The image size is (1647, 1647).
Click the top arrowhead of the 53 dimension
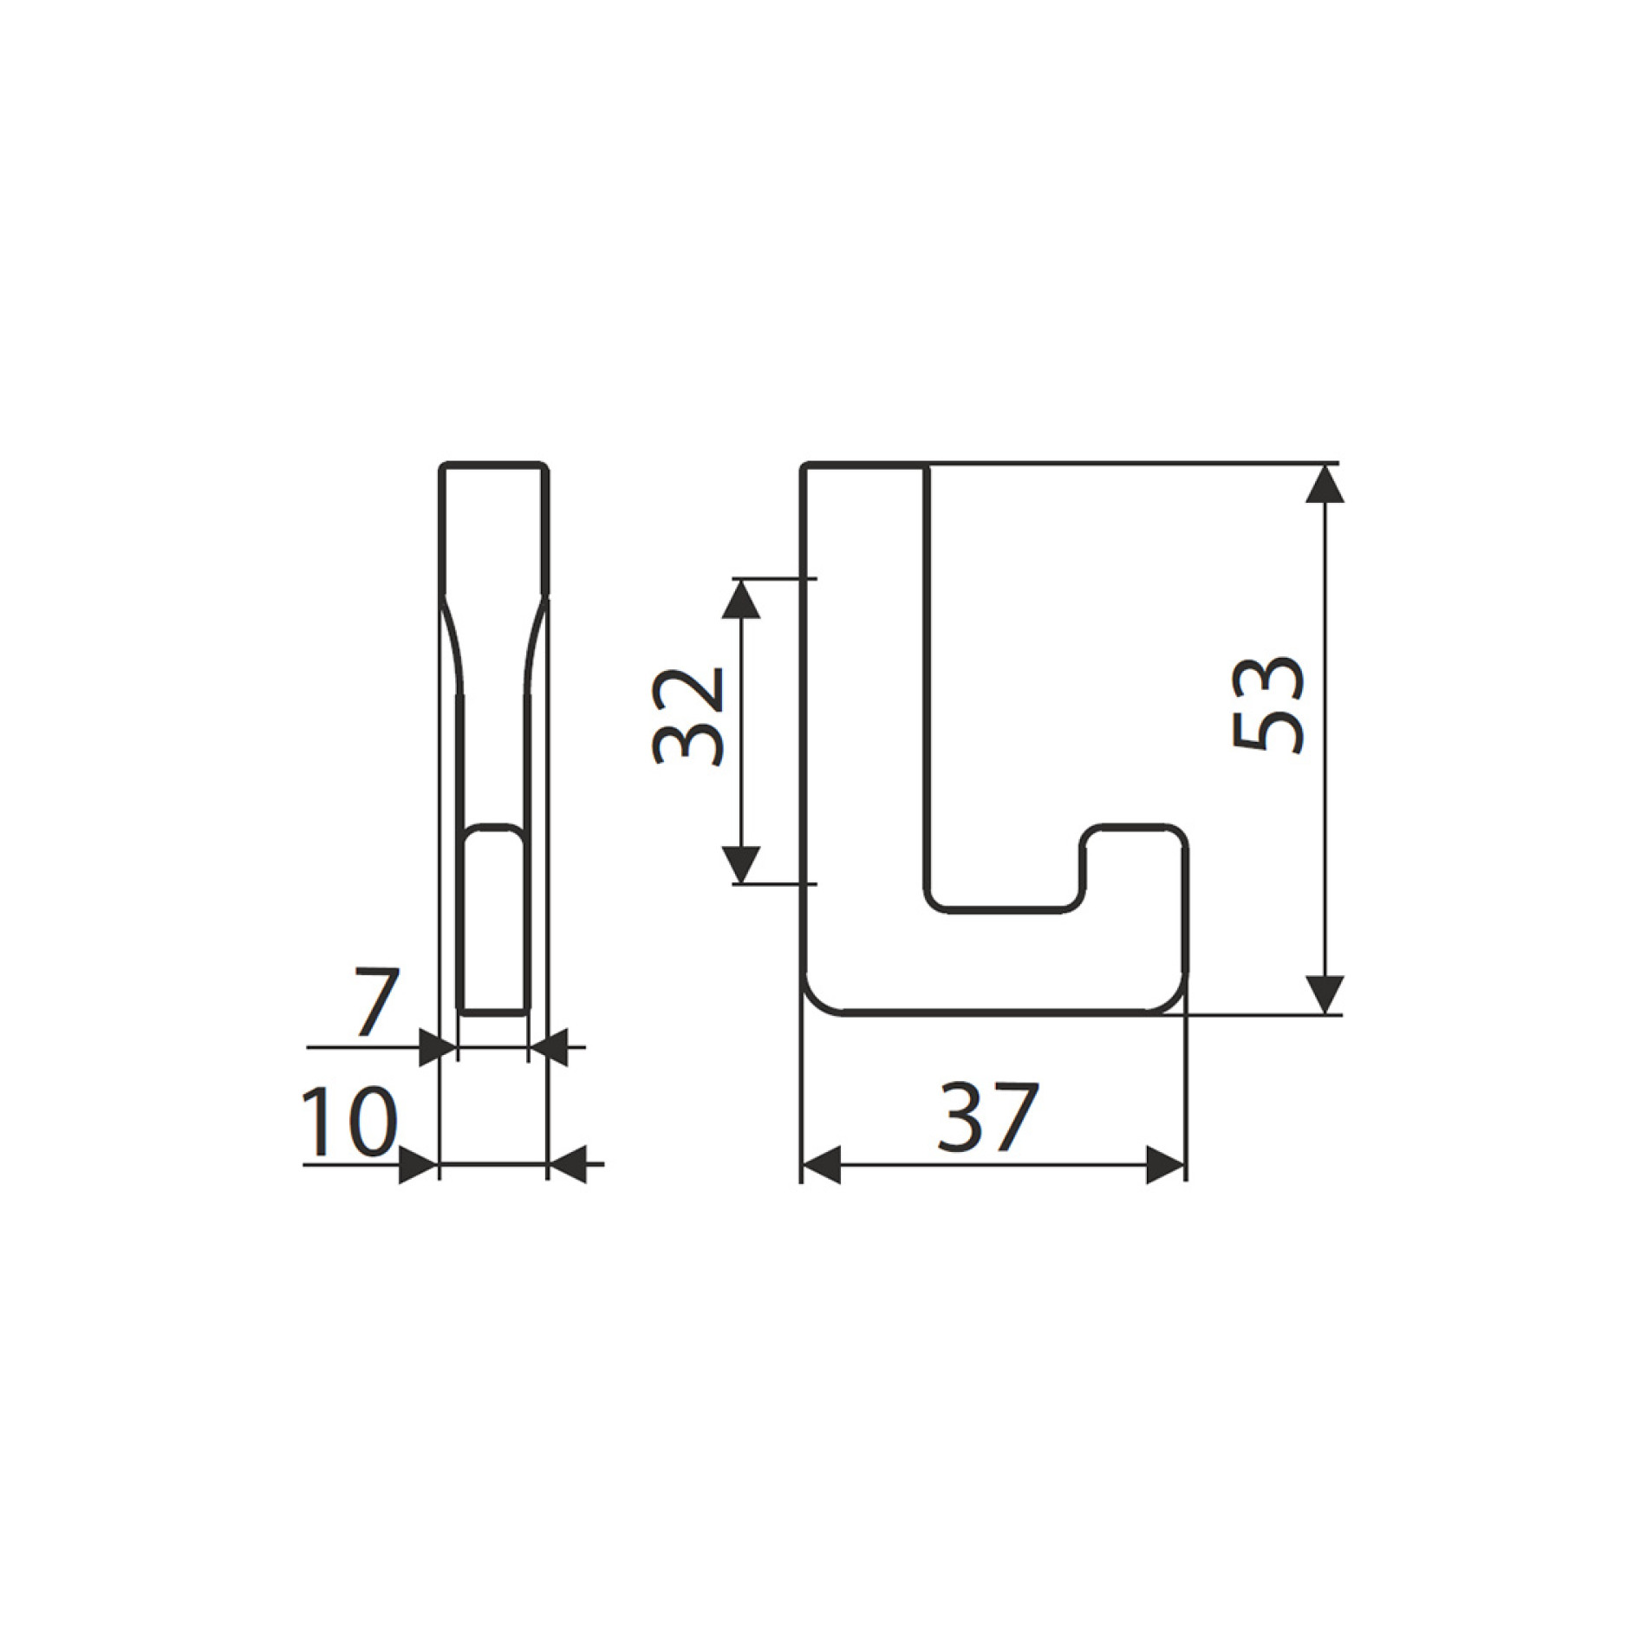1324,484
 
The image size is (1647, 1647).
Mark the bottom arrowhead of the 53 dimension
1324,993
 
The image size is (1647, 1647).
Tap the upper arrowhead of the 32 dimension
740,598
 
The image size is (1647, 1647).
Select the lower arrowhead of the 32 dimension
740,864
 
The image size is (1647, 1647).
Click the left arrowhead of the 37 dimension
821,1165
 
